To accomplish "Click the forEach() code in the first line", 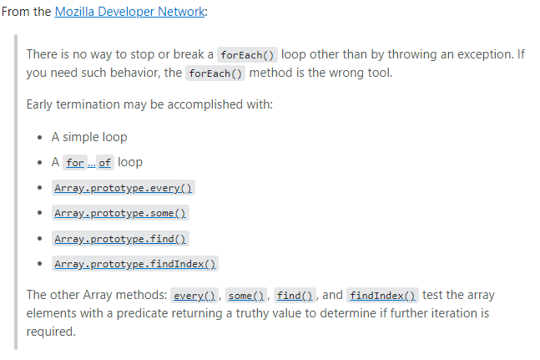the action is point(246,55).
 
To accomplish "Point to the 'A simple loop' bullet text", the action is point(90,137).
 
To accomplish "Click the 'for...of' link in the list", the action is point(88,162).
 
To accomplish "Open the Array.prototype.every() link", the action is point(124,188).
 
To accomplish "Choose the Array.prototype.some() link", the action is point(120,213).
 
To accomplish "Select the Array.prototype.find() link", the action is point(120,239).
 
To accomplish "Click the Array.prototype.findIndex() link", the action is point(134,264).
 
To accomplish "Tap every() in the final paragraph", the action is point(195,295).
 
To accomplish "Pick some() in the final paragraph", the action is point(246,295).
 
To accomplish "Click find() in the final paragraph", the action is point(295,295).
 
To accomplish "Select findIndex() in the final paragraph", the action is point(382,295).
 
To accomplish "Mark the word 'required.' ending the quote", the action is point(51,331).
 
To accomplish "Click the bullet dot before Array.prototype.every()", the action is point(41,188).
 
